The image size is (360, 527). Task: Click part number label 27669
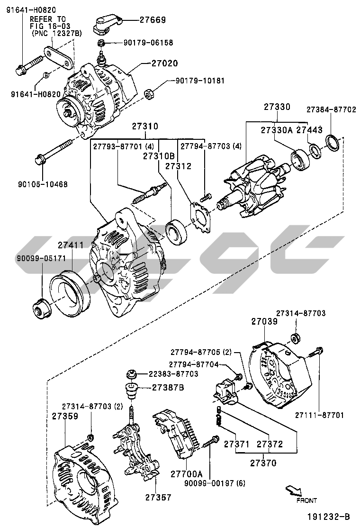pyautogui.click(x=153, y=20)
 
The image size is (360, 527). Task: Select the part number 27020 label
pyautogui.click(x=165, y=63)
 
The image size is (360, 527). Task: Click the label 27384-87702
pyautogui.click(x=331, y=109)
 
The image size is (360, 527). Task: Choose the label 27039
pyautogui.click(x=263, y=321)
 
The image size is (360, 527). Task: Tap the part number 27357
pyautogui.click(x=145, y=497)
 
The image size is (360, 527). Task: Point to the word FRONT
pyautogui.click(x=306, y=500)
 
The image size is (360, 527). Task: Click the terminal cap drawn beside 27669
pyautogui.click(x=105, y=25)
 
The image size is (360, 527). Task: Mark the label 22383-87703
pyautogui.click(x=165, y=374)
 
